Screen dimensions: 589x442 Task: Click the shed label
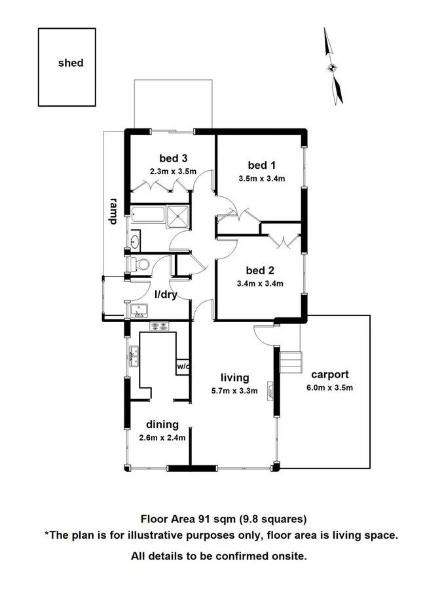(71, 63)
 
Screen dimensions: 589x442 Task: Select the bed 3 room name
(174, 158)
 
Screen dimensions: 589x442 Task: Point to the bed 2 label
(260, 270)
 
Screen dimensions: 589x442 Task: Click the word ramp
(113, 211)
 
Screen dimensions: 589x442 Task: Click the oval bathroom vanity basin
(136, 241)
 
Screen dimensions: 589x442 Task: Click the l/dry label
(166, 295)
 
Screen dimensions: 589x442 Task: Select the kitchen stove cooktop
(159, 326)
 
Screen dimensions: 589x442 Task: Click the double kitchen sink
(136, 357)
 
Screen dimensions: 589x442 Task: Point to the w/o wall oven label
(183, 366)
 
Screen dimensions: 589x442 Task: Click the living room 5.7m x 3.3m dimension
(234, 391)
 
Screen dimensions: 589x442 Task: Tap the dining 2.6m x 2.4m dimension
(162, 438)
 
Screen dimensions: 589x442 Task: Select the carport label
(330, 375)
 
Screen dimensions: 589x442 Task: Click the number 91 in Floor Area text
(207, 520)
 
